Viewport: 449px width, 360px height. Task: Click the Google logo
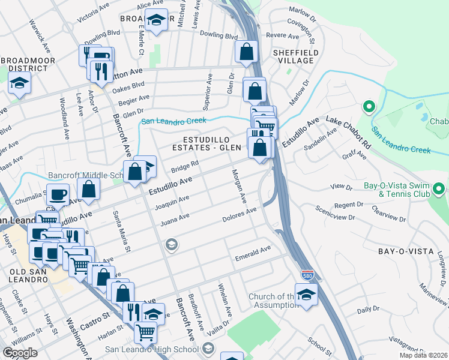(x=20, y=353)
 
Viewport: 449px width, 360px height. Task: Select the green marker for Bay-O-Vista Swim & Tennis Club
(x=439, y=190)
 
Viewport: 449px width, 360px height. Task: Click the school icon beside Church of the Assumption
(x=306, y=296)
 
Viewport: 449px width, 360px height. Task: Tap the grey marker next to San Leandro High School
(x=208, y=349)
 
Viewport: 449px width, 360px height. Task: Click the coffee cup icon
(x=58, y=196)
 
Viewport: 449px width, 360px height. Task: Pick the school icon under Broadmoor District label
(x=19, y=84)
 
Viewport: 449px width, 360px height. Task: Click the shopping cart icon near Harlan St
(x=145, y=331)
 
